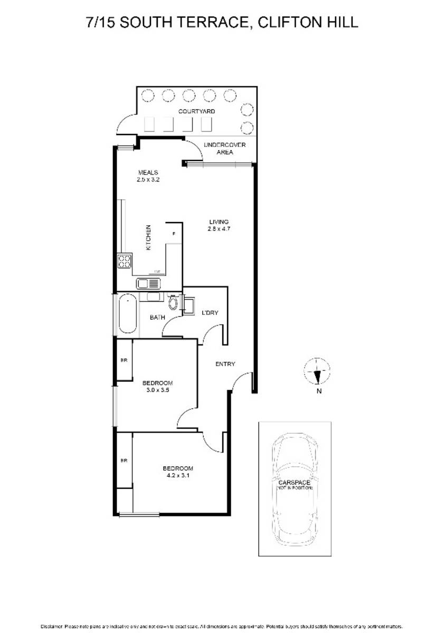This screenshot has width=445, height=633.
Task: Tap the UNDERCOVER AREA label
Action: point(224,148)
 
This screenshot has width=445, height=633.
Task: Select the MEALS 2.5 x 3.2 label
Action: point(148,176)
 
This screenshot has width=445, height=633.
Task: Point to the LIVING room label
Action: point(218,225)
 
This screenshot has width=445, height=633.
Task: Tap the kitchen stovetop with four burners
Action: point(124,262)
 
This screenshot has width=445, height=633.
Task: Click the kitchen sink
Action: point(148,283)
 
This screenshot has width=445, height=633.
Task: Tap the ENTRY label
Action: point(225,364)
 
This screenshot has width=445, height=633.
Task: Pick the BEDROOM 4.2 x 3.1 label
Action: point(177,472)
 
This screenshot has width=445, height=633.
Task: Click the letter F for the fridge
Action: point(174,233)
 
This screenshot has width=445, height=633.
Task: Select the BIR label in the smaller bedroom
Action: point(124,360)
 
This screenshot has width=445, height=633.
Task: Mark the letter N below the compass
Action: point(319,391)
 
